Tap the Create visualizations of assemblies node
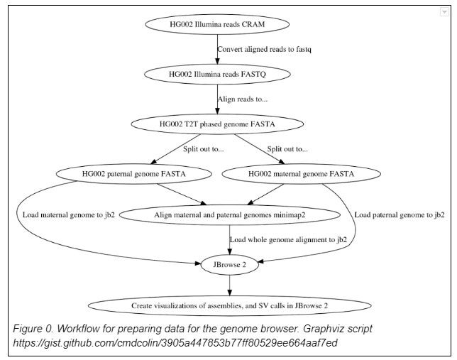click(x=228, y=306)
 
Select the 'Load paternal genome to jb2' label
click(x=399, y=214)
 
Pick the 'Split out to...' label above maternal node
click(x=287, y=148)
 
